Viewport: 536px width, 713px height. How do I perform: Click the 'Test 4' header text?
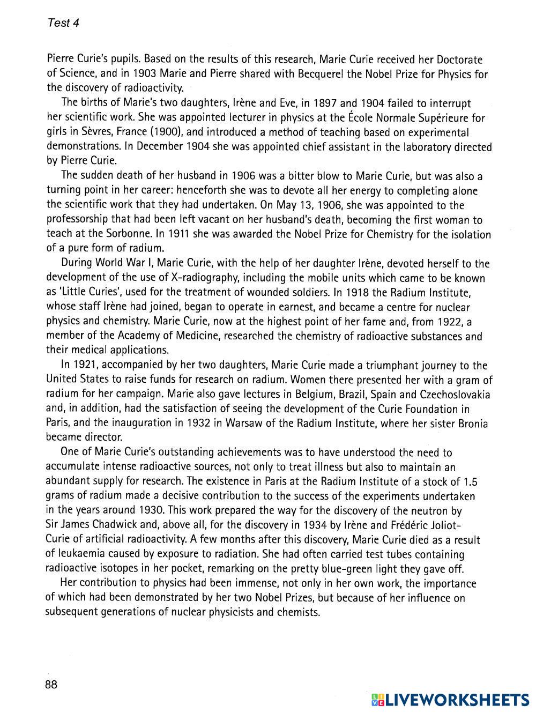(x=63, y=23)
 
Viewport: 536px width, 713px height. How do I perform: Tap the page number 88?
(x=51, y=685)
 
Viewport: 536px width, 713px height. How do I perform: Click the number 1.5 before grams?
(x=470, y=482)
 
